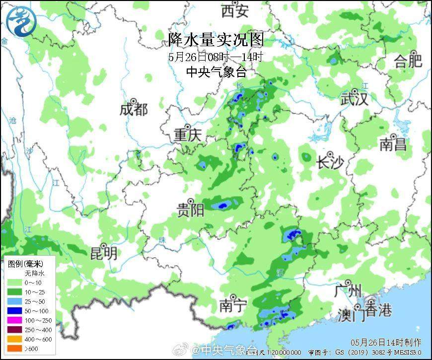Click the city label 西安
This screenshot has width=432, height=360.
click(x=235, y=10)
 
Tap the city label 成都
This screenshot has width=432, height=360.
click(x=134, y=109)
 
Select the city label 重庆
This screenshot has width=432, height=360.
click(x=187, y=135)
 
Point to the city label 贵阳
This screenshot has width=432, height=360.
click(x=191, y=210)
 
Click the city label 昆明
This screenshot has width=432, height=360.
click(x=104, y=253)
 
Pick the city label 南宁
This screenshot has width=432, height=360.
click(x=233, y=306)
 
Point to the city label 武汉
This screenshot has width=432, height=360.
click(x=355, y=99)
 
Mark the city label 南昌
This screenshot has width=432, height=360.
click(x=393, y=144)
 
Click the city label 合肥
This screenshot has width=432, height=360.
click(x=408, y=61)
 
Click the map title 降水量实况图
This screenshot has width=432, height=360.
click(x=216, y=39)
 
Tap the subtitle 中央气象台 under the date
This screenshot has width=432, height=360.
click(x=216, y=72)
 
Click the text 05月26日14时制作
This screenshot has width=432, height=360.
click(x=386, y=342)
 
